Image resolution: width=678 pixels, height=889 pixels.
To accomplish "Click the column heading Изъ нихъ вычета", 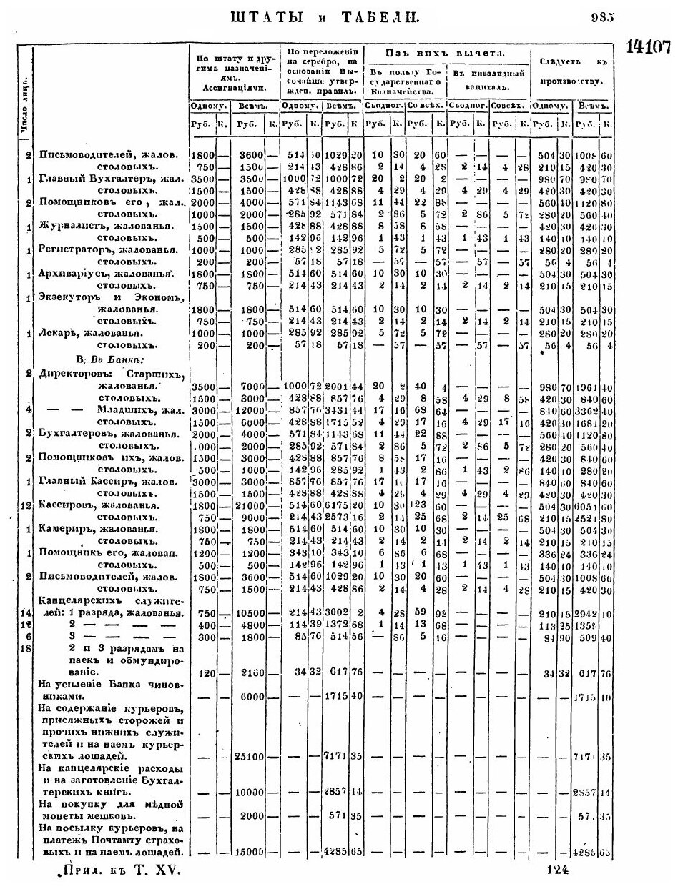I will pyautogui.click(x=446, y=54).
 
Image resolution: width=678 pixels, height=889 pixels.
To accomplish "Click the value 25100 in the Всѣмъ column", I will pyautogui.click(x=246, y=755).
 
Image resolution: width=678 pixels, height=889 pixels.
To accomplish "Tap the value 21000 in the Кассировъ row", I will pyautogui.click(x=246, y=506).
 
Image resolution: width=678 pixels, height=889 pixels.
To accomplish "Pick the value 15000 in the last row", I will pyautogui.click(x=246, y=852).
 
